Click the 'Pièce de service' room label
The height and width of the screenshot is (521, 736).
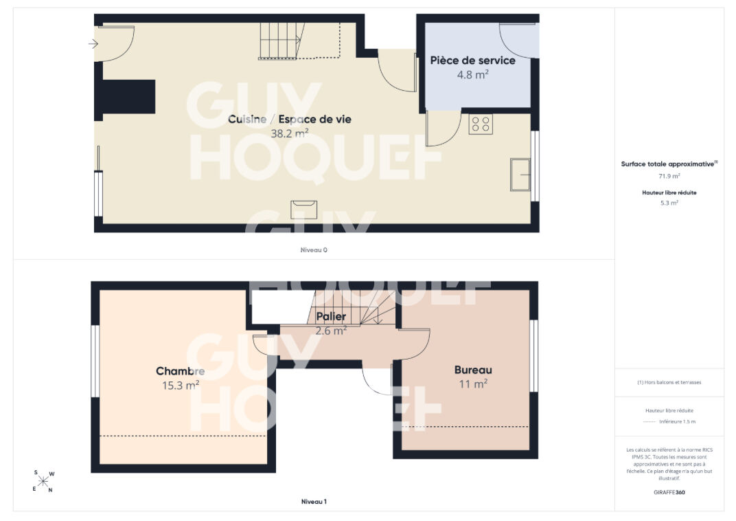click(x=472, y=60)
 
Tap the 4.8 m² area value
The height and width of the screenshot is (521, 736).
click(x=472, y=74)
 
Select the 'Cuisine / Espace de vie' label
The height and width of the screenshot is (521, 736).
click(x=290, y=120)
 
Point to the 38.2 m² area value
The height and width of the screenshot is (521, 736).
click(x=290, y=133)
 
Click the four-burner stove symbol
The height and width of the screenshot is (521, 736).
click(x=481, y=124)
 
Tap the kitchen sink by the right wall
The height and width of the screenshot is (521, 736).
click(x=520, y=175)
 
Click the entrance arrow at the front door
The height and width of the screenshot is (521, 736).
click(x=93, y=44)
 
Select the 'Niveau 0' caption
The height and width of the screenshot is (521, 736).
click(x=314, y=250)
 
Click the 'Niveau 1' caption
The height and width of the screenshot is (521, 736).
click(x=314, y=502)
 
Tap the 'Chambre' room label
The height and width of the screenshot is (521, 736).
click(x=181, y=371)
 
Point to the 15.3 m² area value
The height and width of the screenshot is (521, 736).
click(x=181, y=386)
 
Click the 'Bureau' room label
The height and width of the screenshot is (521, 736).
click(x=473, y=370)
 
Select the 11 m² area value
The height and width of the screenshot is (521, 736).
click(x=473, y=384)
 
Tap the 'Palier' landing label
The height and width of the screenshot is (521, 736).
click(x=331, y=317)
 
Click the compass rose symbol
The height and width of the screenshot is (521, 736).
click(x=43, y=481)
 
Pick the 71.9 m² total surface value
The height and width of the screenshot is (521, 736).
click(x=669, y=176)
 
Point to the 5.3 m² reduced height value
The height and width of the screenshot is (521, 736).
click(x=669, y=203)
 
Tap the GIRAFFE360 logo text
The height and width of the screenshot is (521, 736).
click(x=669, y=492)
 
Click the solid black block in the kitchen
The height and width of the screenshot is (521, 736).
click(x=128, y=97)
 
